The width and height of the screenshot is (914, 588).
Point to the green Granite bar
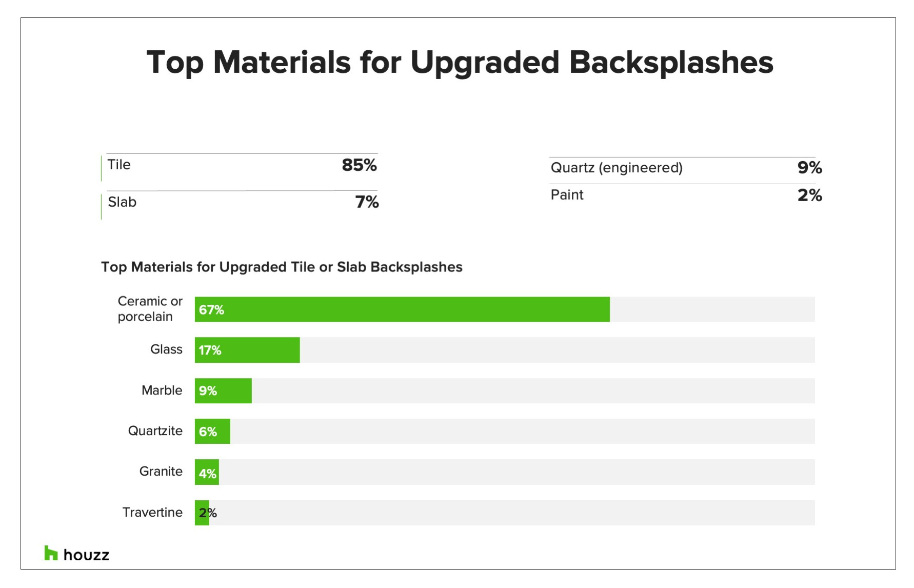[207, 472]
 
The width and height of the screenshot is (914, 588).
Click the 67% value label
[211, 310]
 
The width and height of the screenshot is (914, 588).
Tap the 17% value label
[210, 350]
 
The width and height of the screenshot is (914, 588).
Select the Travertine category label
[152, 512]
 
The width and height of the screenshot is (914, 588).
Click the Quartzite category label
[155, 430]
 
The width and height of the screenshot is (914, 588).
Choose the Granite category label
[161, 471]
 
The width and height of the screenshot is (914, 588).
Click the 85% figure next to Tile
[359, 165]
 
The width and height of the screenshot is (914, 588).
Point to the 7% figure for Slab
[367, 202]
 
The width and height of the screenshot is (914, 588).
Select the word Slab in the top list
[122, 202]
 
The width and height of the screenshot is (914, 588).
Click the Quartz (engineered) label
[616, 168]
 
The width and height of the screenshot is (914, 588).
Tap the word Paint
[567, 195]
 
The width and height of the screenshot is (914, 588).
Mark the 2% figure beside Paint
[809, 195]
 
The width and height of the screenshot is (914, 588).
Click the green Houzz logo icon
[51, 553]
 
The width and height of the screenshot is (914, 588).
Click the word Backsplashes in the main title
[671, 63]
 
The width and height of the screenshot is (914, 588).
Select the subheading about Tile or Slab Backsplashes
[282, 267]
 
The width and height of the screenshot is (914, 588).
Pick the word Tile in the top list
[119, 165]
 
